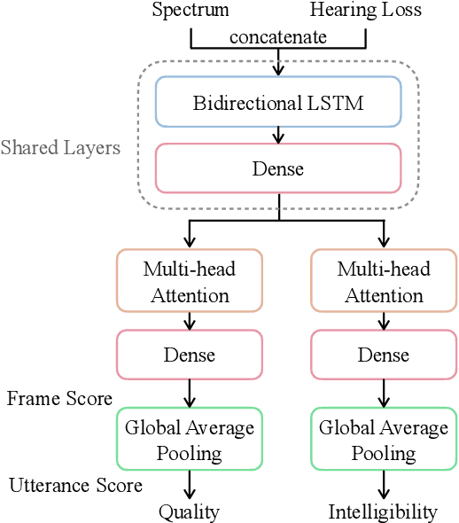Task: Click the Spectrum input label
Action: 190,11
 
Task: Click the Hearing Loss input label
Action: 366,11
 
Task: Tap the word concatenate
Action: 278,36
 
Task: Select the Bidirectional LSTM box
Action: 278,101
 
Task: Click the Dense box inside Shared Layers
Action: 278,168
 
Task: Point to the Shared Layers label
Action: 60,147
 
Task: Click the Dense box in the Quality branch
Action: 190,355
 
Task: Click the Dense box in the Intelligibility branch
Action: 383,355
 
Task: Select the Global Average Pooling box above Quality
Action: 190,440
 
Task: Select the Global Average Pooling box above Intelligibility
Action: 383,440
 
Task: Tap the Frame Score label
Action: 59,398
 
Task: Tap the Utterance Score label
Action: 75,485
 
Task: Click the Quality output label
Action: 190,511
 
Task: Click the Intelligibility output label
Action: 383,511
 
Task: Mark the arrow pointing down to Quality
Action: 190,485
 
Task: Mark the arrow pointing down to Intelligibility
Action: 383,485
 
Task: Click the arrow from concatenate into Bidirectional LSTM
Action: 278,62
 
